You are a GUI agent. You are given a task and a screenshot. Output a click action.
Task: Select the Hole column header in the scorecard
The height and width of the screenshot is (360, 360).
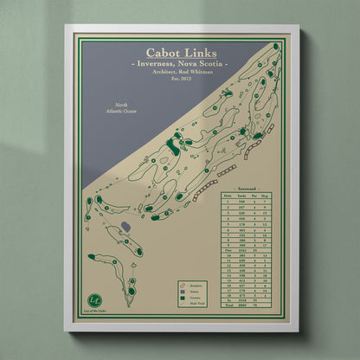click(227, 196)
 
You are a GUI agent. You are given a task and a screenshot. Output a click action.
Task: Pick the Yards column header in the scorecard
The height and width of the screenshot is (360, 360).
click(242, 196)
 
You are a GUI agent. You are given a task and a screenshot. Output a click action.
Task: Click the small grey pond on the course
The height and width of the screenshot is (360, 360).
click(125, 227)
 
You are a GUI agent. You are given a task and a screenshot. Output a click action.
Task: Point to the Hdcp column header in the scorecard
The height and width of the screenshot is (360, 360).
click(273, 196)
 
